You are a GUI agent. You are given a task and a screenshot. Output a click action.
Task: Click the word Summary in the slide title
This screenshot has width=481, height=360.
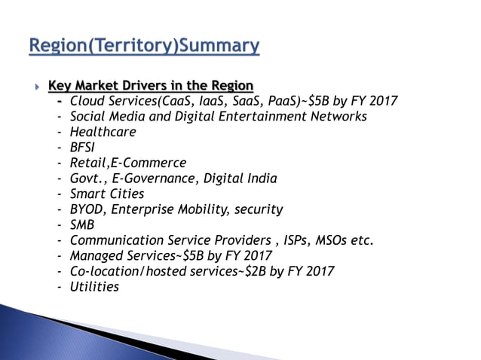click(x=219, y=47)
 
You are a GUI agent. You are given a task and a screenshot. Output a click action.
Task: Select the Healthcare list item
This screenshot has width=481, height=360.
click(x=103, y=132)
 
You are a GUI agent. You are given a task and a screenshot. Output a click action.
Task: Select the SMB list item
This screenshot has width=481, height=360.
click(x=83, y=225)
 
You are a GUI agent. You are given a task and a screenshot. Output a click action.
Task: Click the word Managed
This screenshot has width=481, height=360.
click(x=96, y=256)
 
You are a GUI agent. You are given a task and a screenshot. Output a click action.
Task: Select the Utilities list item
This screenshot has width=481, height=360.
click(x=94, y=287)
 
